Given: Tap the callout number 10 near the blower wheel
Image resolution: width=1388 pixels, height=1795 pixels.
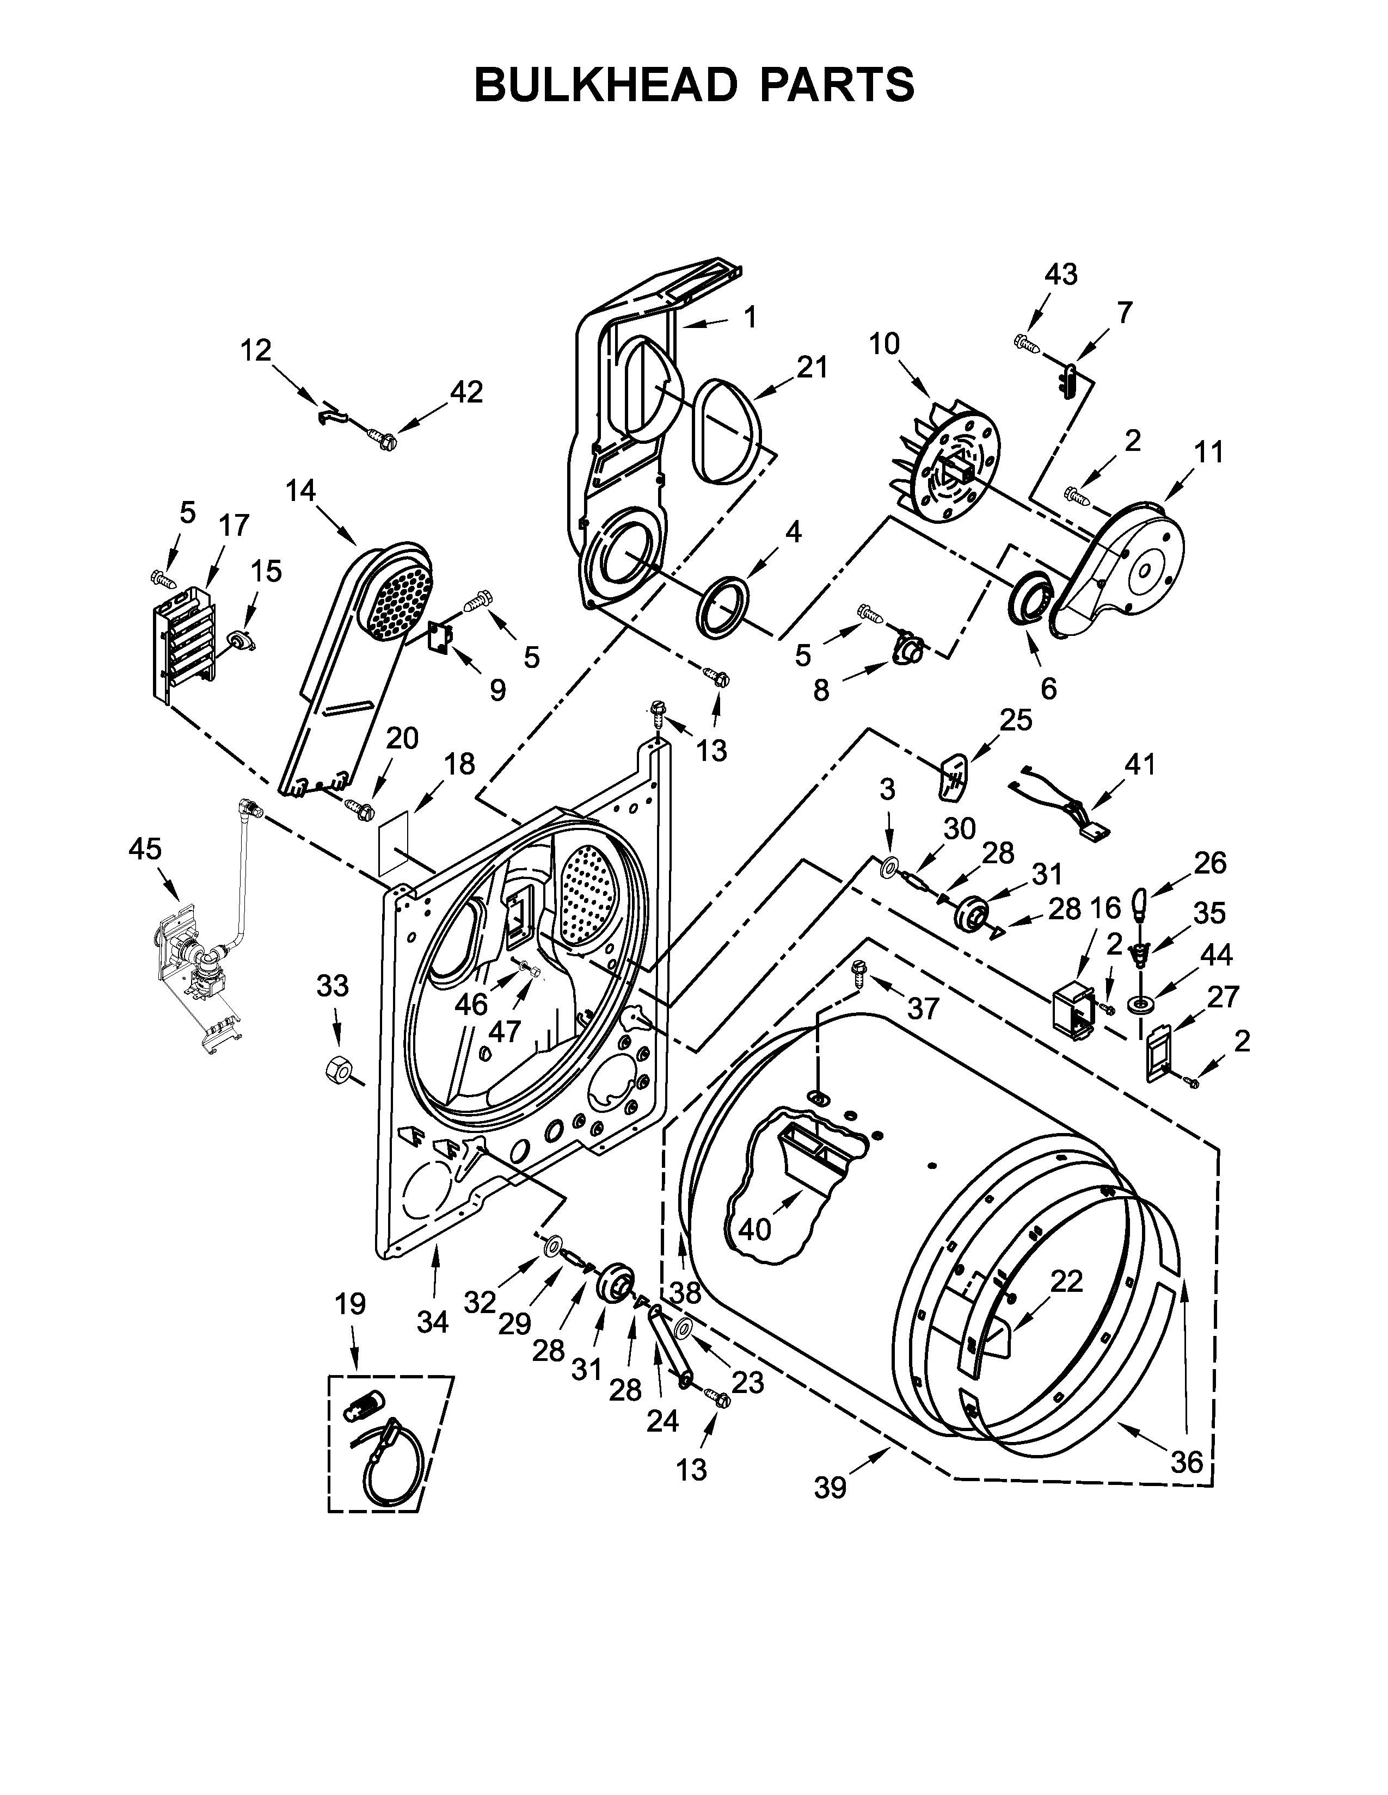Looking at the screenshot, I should coord(884,344).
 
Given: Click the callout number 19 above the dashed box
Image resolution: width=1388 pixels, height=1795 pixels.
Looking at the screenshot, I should coord(351,1303).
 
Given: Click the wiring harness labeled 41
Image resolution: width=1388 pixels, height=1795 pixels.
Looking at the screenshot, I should coord(1061,803).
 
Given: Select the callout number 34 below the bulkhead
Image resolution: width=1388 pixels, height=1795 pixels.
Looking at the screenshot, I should coord(433,1322).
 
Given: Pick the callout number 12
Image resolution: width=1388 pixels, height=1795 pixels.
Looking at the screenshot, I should coord(256,350).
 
